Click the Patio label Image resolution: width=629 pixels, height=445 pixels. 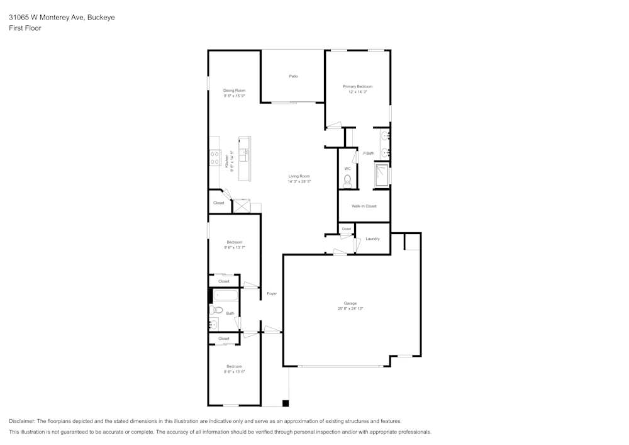[293, 76]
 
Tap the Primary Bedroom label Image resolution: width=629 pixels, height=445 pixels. [357, 86]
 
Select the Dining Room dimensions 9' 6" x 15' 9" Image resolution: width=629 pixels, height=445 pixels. [234, 96]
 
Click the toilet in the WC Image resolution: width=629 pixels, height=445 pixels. [347, 181]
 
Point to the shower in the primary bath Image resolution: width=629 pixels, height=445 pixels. [382, 176]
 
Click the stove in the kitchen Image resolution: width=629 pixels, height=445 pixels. [214, 157]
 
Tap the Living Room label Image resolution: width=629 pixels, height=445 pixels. [299, 176]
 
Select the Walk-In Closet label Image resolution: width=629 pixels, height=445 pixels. [364, 206]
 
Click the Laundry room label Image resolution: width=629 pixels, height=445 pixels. [372, 239]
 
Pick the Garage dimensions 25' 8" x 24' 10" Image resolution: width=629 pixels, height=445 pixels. [350, 308]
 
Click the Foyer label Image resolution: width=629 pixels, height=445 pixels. [272, 294]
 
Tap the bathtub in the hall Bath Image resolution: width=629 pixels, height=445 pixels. [225, 296]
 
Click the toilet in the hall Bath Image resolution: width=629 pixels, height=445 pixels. [216, 310]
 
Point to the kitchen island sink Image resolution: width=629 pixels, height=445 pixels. [244, 155]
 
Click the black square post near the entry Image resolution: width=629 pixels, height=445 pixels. [286, 403]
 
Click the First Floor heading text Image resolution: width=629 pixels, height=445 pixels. [25, 28]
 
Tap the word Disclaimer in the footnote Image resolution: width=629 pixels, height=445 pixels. [22, 421]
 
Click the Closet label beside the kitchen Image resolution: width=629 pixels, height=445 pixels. [219, 203]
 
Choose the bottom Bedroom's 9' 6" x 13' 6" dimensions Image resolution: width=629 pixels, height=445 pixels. [234, 372]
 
